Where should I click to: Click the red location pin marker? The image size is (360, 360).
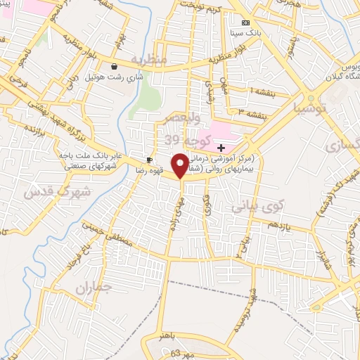click(x=181, y=166)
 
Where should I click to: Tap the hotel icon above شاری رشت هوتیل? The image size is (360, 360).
click(x=114, y=67)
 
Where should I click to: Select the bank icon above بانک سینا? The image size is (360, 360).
click(x=245, y=22)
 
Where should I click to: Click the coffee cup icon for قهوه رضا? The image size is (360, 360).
click(x=149, y=159)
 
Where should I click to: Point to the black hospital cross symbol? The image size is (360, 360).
click(x=221, y=147)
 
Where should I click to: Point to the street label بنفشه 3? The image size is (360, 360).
click(x=250, y=110)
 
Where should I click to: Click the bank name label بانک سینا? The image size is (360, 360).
click(x=246, y=32)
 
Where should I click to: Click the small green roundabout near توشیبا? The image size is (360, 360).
click(x=310, y=98)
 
